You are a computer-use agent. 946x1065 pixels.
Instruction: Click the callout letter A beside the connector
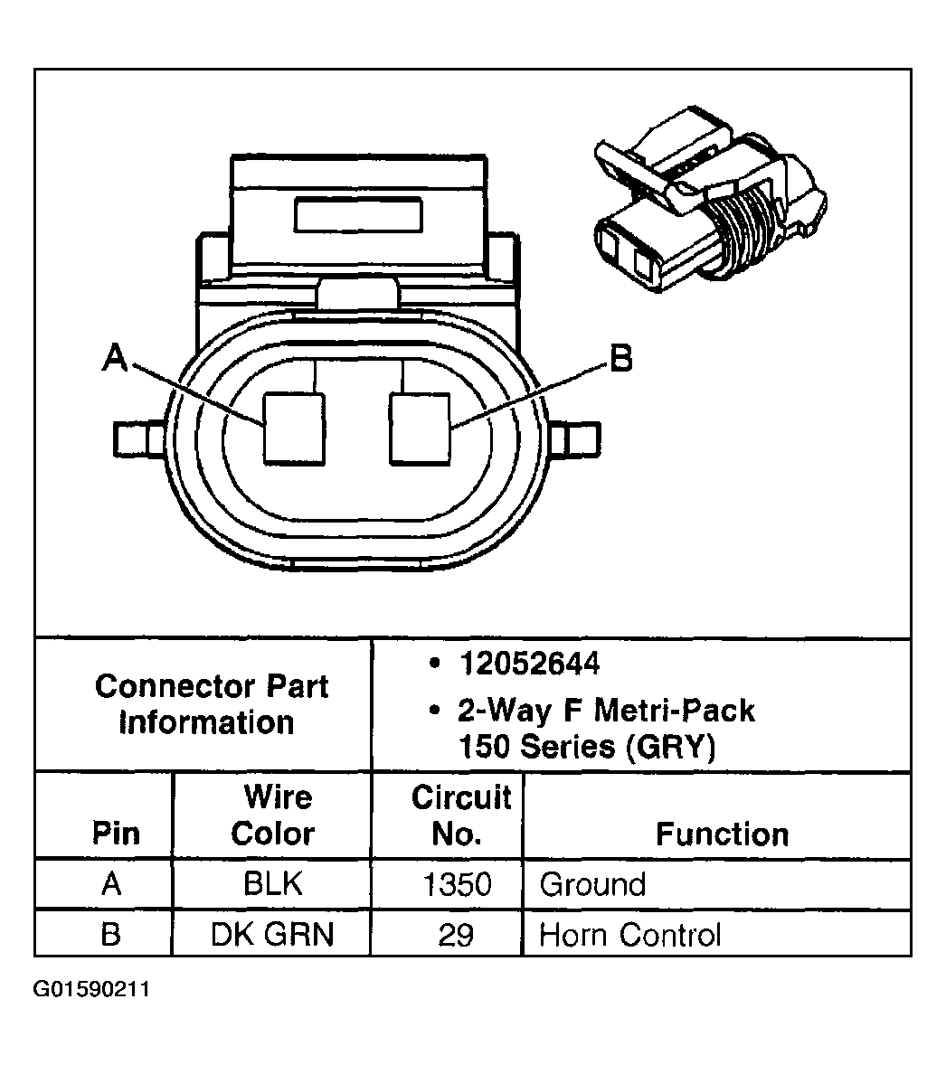coord(115,357)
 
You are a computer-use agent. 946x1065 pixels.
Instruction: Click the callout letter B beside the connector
coord(621,358)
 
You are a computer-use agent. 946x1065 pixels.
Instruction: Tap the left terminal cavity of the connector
coord(294,429)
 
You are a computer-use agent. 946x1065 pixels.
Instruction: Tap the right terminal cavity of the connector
coord(420,429)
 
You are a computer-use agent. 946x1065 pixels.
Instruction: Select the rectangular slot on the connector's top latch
coord(358,214)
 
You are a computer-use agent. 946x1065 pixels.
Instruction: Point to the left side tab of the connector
coord(138,439)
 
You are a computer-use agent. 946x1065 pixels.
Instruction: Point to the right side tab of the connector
coord(575,439)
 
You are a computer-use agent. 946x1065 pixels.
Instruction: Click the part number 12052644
coord(529,664)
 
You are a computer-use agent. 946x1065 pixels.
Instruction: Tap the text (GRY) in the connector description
coord(671,747)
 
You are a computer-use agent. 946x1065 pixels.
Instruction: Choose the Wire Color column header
coord(273,815)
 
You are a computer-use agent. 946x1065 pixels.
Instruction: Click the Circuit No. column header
coord(460,815)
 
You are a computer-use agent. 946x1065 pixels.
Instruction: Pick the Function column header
coord(723,834)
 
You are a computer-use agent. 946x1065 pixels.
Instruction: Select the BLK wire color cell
coord(273,884)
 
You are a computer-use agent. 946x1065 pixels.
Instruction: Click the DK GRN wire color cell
coord(272,935)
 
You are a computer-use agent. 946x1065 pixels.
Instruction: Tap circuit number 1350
coord(458,884)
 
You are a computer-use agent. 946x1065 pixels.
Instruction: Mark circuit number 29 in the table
coord(456,935)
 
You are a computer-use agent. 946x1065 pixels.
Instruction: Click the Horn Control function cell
coord(630,935)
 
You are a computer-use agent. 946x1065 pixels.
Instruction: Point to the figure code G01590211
coord(91,989)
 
